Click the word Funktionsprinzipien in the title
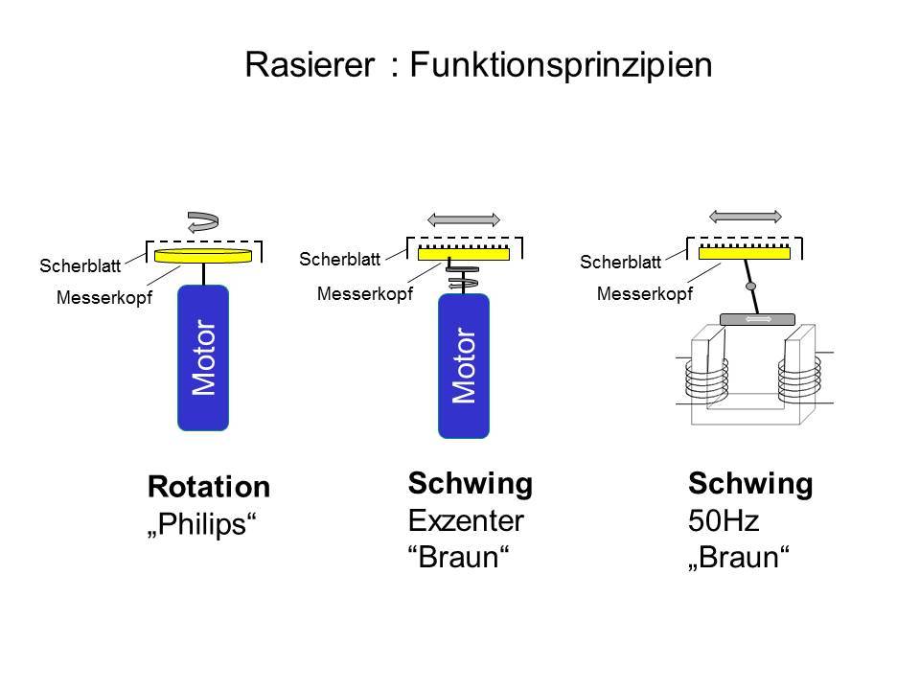point(560,64)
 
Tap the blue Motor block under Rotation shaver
point(202,359)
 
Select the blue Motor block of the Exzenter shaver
point(463,366)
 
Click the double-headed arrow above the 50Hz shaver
point(745,215)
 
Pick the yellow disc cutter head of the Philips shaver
point(202,256)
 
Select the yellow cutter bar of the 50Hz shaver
point(745,252)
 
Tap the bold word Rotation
point(209,488)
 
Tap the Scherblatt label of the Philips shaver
point(80,265)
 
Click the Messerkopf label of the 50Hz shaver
point(644,294)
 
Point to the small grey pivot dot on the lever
point(750,287)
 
